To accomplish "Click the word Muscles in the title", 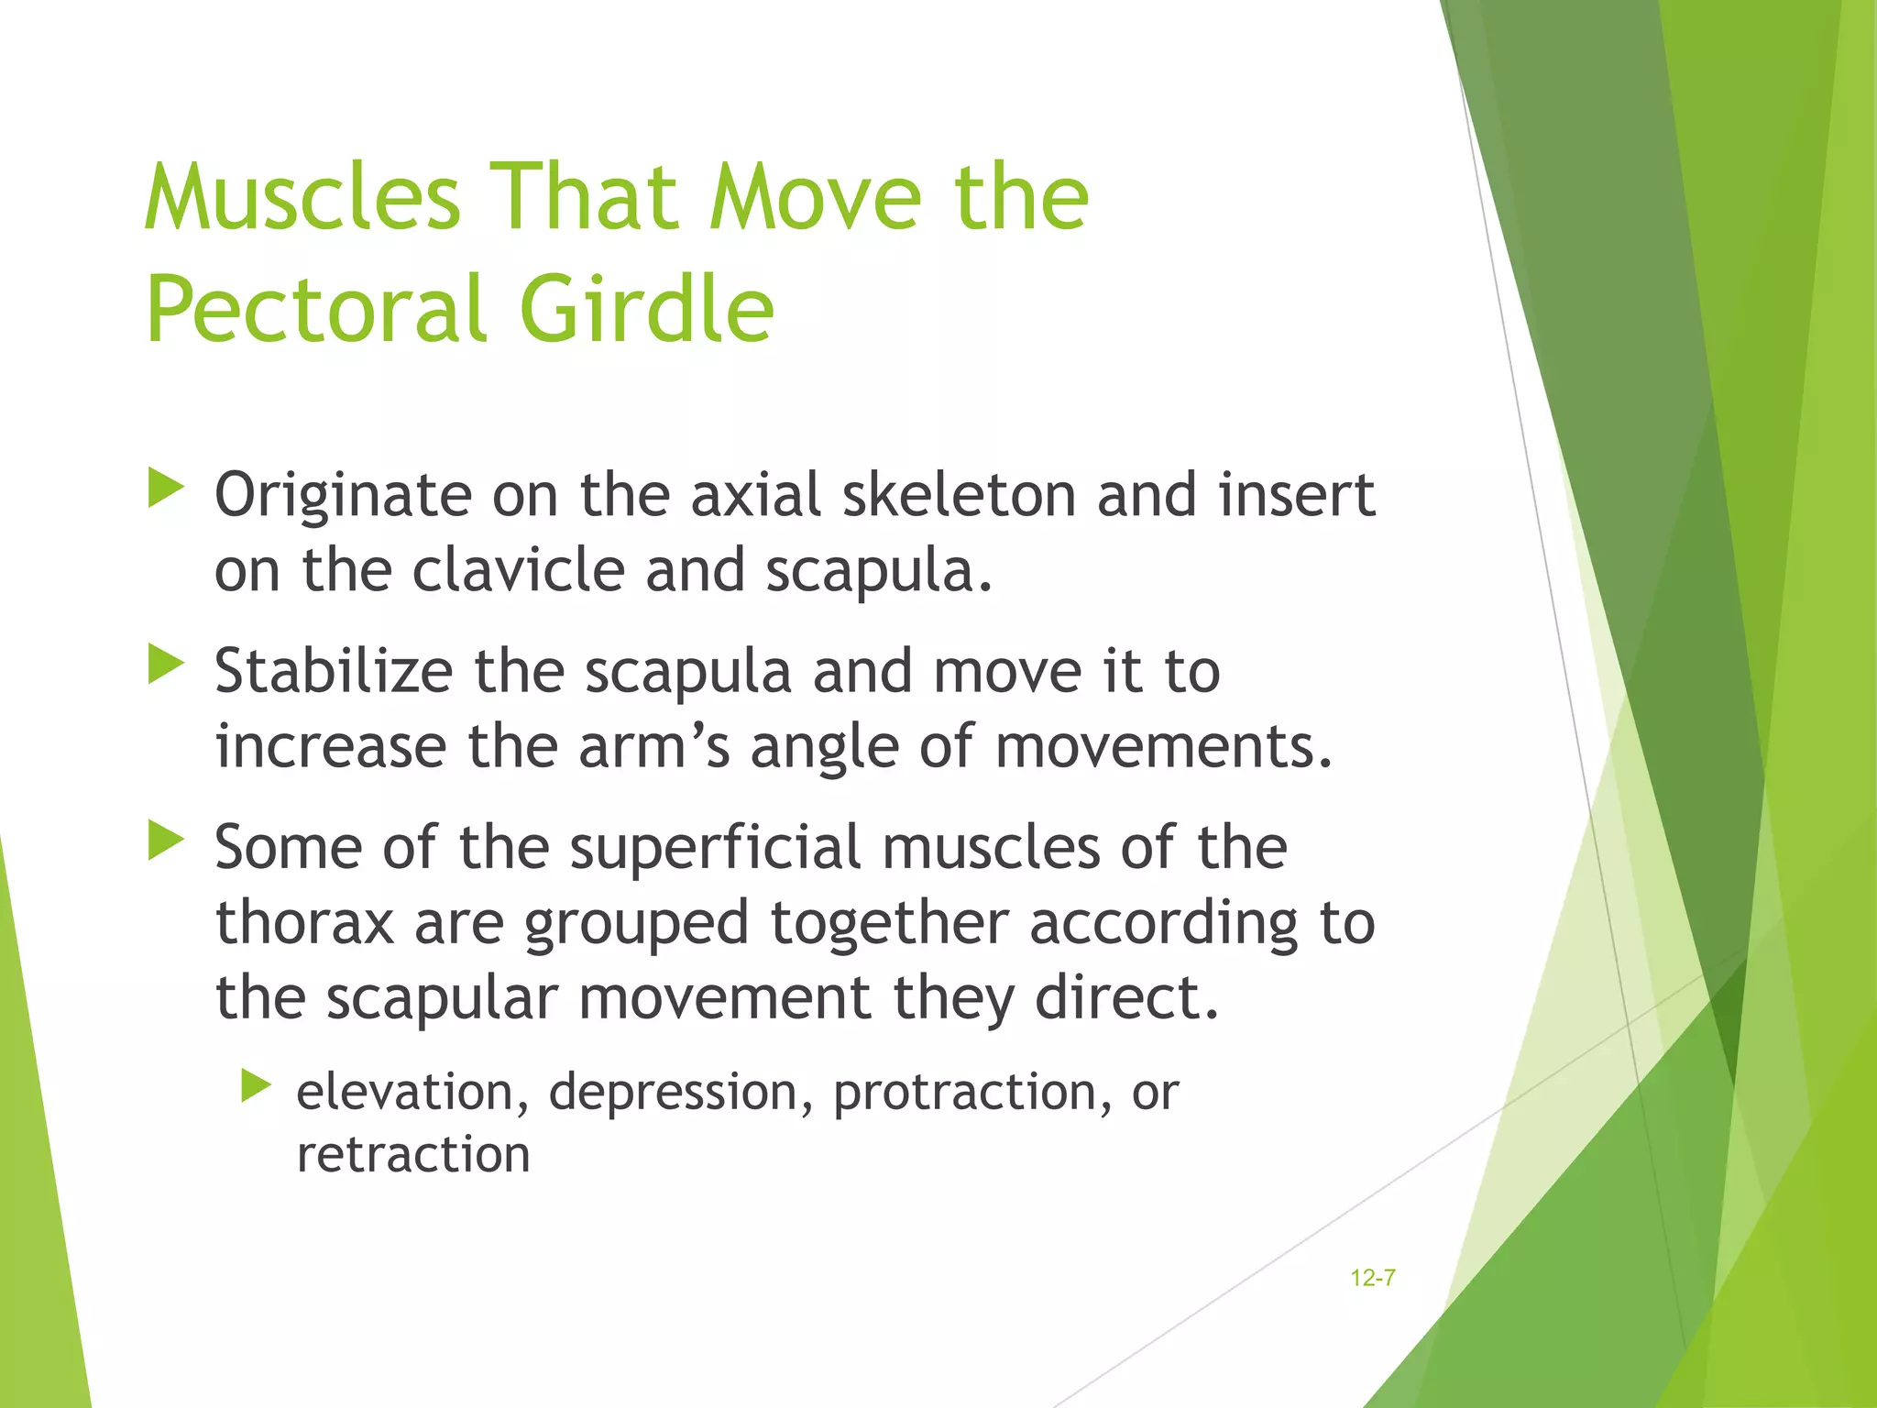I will pos(302,197).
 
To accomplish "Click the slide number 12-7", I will pos(1372,1278).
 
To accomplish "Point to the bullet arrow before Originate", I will pos(166,488).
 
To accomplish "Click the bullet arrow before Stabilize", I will pos(166,664).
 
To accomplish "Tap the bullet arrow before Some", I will pos(166,840).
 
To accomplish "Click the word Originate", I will pos(341,496).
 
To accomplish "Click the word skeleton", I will pos(959,496).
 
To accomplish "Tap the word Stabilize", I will pos(334,672).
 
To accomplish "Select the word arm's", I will pos(653,747).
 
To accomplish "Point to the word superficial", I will pos(715,847).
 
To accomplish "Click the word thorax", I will pos(304,923).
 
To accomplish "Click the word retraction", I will pos(413,1155).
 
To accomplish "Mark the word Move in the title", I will pos(816,197).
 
